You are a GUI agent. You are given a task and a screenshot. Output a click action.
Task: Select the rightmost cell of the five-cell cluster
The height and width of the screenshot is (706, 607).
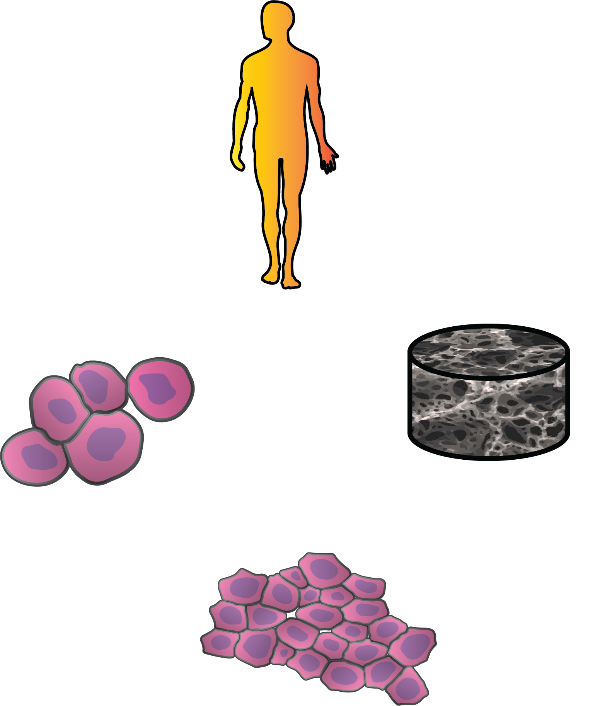[x=160, y=389]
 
